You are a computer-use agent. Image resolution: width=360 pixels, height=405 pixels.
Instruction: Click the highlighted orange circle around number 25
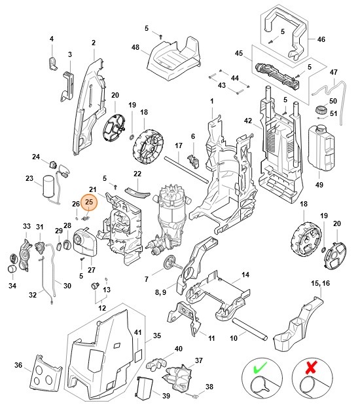(x=88, y=202)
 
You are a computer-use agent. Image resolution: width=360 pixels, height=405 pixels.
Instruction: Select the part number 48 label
(x=135, y=47)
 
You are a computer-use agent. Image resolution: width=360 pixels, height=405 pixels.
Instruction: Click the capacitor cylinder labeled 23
(x=48, y=186)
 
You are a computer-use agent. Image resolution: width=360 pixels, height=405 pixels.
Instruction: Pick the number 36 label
(x=18, y=365)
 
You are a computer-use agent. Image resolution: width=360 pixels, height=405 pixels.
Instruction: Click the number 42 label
(x=247, y=121)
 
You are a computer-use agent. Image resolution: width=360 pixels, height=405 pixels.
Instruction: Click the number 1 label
(x=212, y=101)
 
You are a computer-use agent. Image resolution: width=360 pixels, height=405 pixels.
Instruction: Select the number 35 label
(x=156, y=336)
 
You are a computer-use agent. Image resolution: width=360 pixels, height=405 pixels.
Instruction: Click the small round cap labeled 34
(x=13, y=270)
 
